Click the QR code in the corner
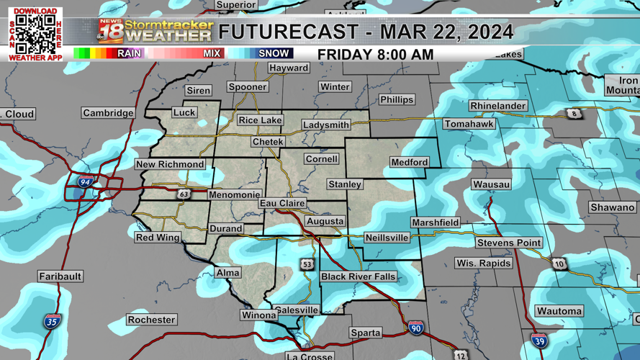coord(35,34)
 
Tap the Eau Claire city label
coord(282,204)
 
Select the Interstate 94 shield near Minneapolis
coord(85,183)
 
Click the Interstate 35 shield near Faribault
coord(51,320)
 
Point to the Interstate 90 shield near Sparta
coord(415,328)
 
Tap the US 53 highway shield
coord(307,264)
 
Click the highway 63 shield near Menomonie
coord(184,194)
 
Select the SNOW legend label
coord(274,53)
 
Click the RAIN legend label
coord(129,53)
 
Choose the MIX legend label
coord(212,53)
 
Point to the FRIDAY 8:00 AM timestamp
coord(375,55)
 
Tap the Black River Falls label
coord(358,276)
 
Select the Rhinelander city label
coord(497,106)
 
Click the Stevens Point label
coord(508,243)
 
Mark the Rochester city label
coord(151,320)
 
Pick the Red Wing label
coord(158,238)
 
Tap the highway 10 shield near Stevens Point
coord(559,264)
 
